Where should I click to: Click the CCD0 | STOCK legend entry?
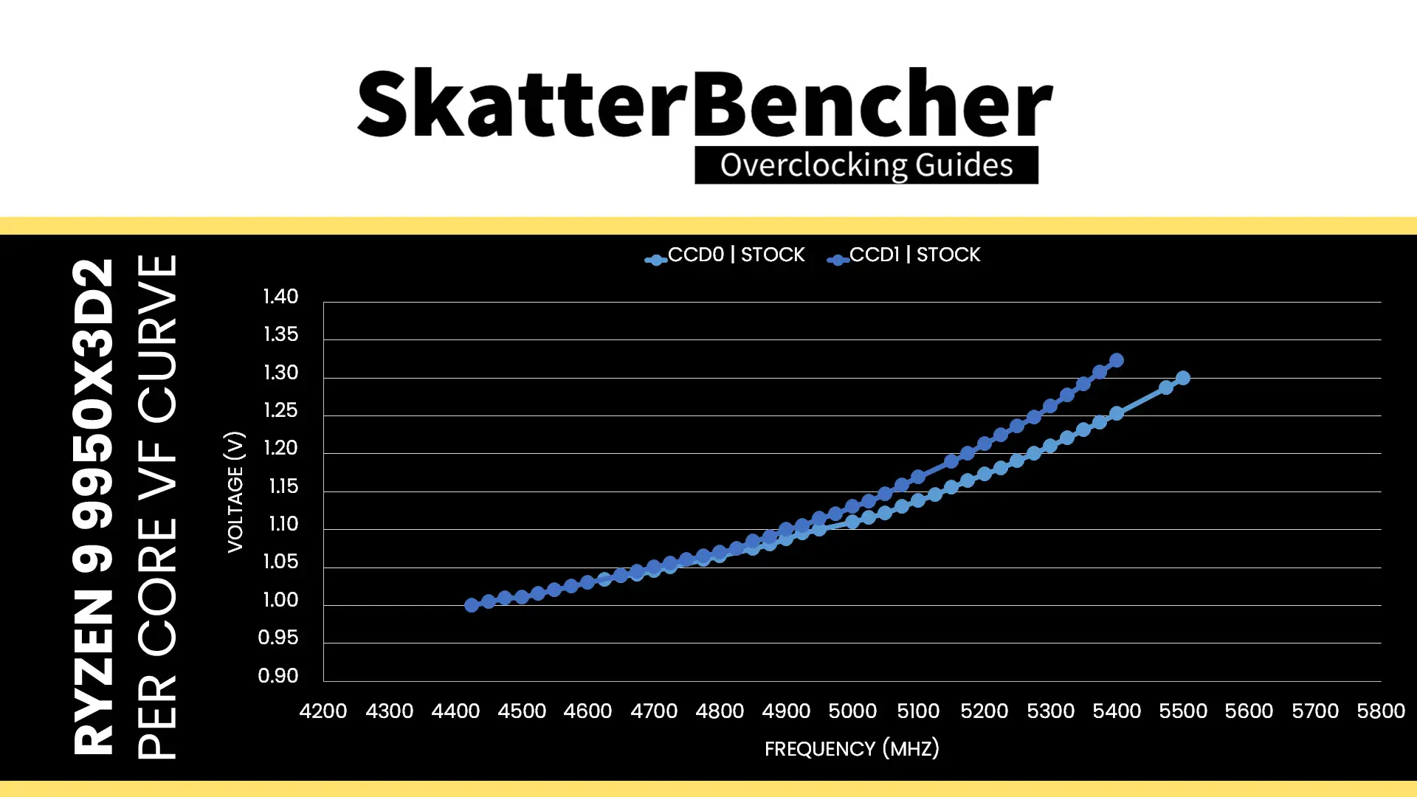tap(725, 255)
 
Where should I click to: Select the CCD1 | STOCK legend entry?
tap(904, 255)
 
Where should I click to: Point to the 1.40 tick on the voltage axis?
tap(280, 297)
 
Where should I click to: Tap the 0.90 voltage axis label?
tap(278, 676)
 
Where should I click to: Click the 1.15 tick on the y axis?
tap(280, 486)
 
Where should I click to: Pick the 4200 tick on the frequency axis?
tap(323, 711)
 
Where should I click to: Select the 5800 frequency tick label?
tap(1381, 711)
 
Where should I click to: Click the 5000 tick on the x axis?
tap(852, 711)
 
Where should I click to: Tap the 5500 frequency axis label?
tap(1183, 711)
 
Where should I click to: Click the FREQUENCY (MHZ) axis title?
tap(852, 749)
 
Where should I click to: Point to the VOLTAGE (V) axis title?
tap(235, 491)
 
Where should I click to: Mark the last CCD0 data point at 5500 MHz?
tap(1183, 378)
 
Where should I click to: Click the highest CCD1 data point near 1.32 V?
tap(1117, 360)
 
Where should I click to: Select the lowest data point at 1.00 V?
tap(472, 605)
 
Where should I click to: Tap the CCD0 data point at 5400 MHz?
tap(1117, 413)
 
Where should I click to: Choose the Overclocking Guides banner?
tap(866, 165)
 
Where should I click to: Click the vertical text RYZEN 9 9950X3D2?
tap(93, 506)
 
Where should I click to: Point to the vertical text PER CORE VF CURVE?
tap(157, 506)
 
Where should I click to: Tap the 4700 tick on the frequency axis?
tap(654, 711)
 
